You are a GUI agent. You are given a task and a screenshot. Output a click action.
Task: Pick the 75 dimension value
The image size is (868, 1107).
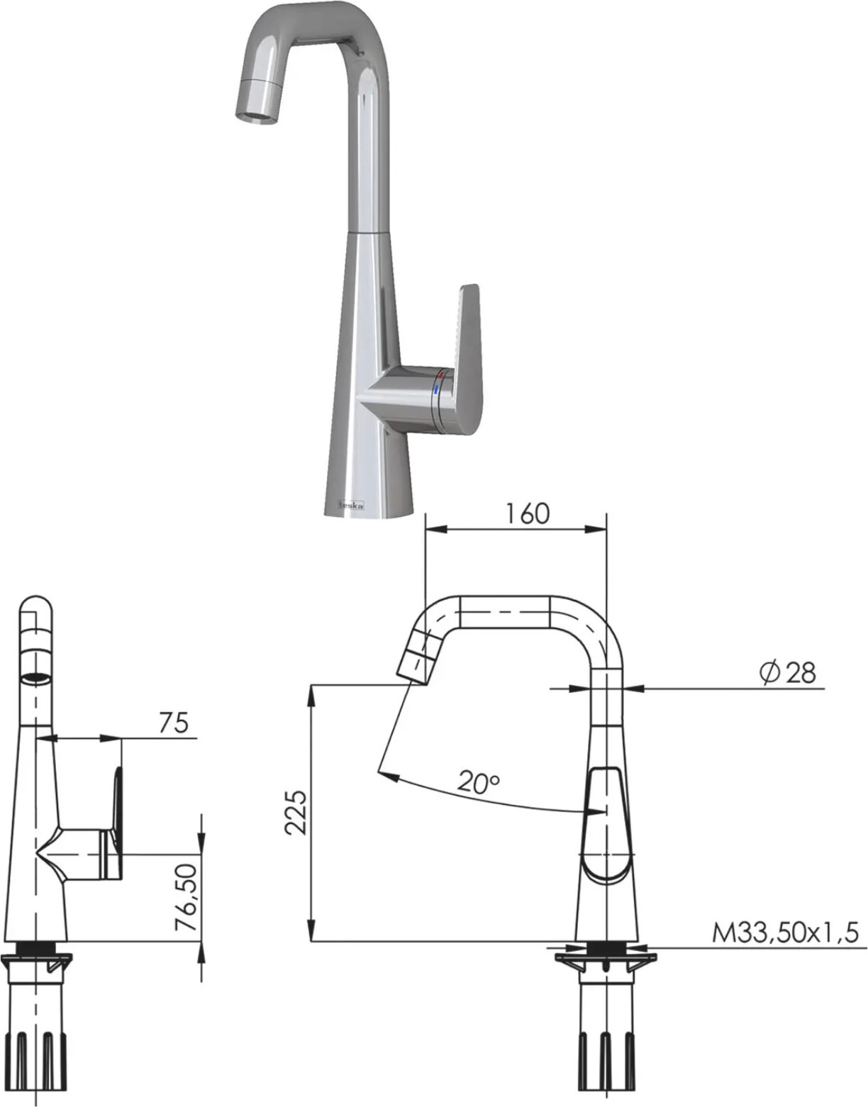(x=174, y=723)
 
